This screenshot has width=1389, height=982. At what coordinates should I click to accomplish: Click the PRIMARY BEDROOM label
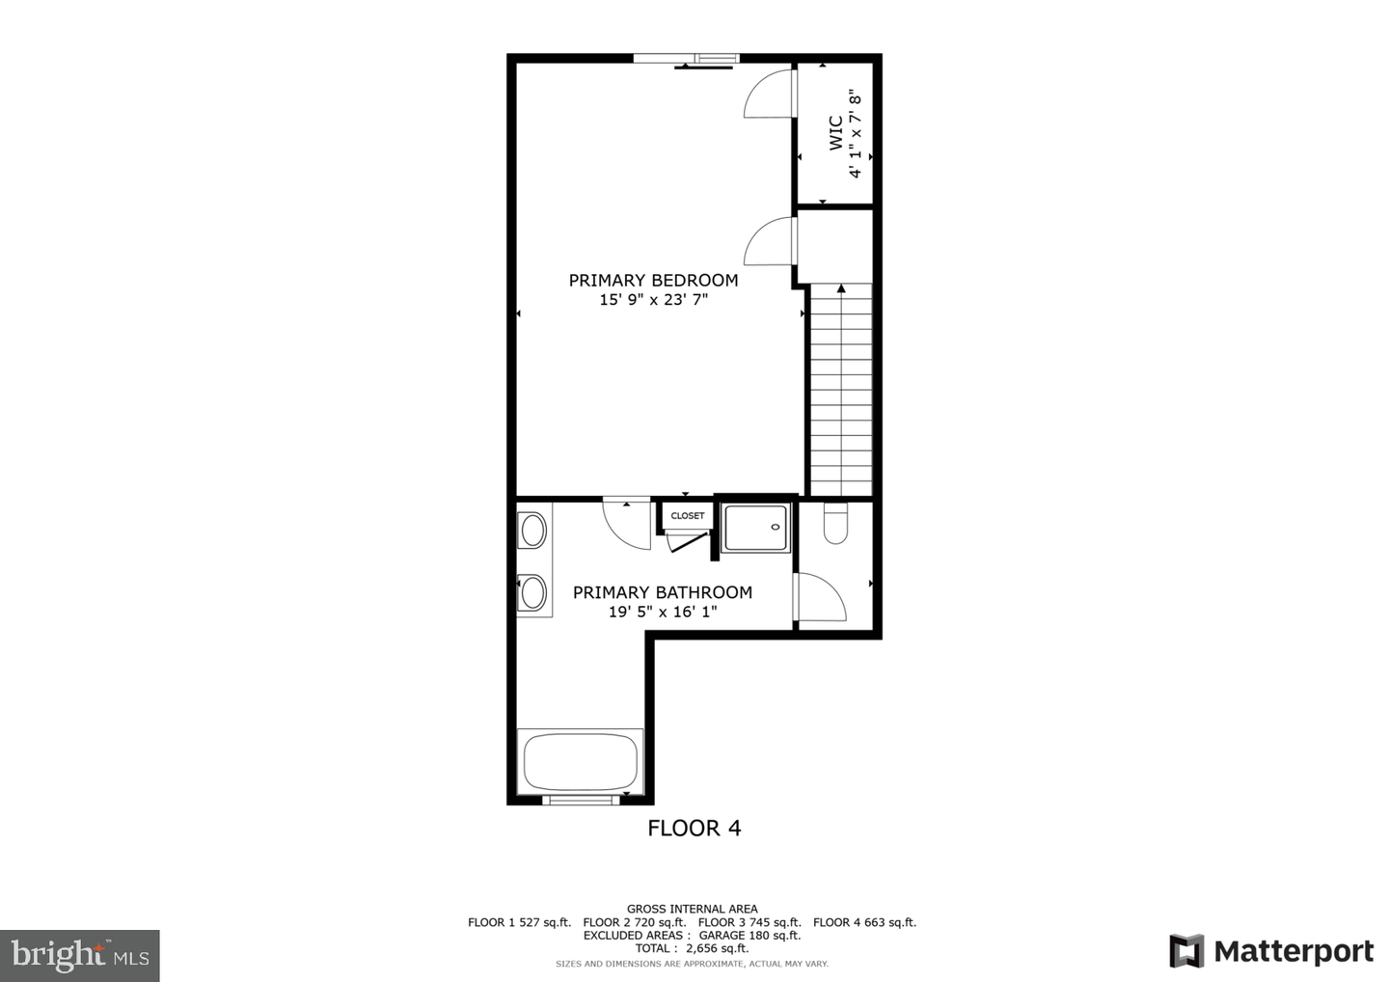click(x=653, y=281)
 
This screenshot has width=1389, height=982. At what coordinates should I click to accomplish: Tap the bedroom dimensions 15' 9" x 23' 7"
click(x=653, y=300)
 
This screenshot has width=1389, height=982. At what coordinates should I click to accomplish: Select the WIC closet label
click(x=835, y=133)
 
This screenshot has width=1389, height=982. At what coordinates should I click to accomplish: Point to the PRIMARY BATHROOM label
click(x=662, y=592)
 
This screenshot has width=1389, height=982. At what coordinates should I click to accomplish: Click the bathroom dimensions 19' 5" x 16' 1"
click(x=662, y=612)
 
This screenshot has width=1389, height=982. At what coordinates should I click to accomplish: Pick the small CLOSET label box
click(x=687, y=516)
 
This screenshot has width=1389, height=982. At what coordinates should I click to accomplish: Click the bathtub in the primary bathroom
click(x=581, y=762)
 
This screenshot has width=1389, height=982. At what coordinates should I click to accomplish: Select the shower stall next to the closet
click(x=755, y=528)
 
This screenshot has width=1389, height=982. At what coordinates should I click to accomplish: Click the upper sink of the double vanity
click(x=532, y=531)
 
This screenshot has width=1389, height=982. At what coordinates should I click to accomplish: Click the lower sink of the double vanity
click(x=532, y=592)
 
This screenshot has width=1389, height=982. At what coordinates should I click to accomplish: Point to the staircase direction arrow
click(x=841, y=288)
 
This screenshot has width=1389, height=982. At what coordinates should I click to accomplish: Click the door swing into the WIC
click(x=770, y=95)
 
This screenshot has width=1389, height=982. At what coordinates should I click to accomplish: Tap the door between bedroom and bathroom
click(x=626, y=524)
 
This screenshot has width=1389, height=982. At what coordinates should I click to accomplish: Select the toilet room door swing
click(x=821, y=598)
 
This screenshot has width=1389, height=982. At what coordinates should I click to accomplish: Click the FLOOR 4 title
click(x=694, y=828)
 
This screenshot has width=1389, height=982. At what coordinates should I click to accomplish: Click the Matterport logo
click(x=1271, y=951)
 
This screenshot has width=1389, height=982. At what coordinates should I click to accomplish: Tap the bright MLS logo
click(x=80, y=956)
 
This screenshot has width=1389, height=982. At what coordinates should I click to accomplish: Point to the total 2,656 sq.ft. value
click(x=717, y=948)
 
